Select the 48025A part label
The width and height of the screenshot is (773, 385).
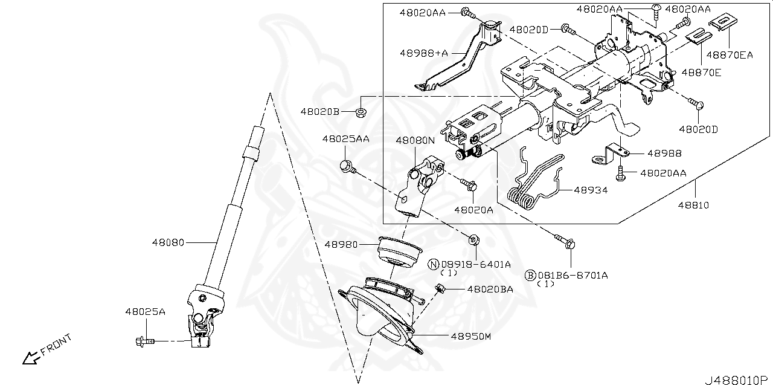pos(145,312)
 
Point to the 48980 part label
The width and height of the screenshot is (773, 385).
pos(342,245)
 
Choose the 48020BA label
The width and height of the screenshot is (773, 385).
pos(490,290)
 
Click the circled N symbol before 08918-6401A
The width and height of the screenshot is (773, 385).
pos(434,264)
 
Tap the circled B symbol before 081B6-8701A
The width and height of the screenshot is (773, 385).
pos(530,276)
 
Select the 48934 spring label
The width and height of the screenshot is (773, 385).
pos(590,190)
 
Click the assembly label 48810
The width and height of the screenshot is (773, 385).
pos(693,205)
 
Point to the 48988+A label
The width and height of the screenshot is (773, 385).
pos(423,53)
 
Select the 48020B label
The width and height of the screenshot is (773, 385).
pos(320,112)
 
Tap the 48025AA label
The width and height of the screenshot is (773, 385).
pos(345,139)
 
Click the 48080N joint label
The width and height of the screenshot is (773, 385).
pos(415,140)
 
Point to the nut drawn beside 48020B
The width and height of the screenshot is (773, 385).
pos(361,112)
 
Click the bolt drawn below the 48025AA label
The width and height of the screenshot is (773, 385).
pos(347,165)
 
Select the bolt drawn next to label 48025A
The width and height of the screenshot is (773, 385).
pos(142,341)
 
